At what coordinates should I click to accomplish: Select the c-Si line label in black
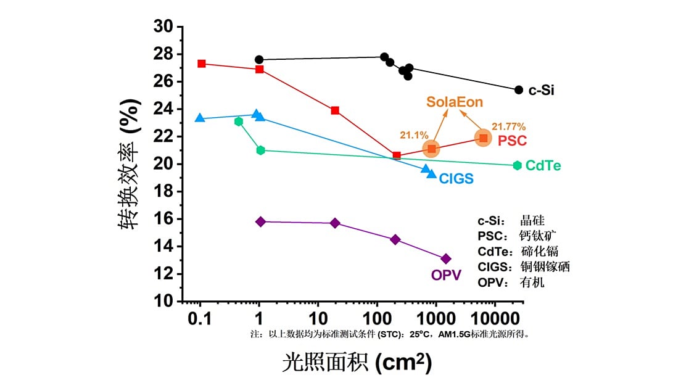click(541, 91)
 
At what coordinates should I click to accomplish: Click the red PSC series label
click(512, 141)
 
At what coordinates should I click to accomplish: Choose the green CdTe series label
click(543, 166)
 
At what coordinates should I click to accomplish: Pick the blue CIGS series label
click(456, 179)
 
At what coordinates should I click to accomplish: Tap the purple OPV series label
click(446, 275)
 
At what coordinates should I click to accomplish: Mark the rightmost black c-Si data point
click(519, 90)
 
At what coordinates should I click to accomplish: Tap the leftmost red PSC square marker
click(201, 64)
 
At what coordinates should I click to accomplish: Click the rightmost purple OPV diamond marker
click(446, 259)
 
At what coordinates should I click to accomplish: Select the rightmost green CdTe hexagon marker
click(517, 165)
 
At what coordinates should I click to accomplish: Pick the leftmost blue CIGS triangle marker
click(199, 118)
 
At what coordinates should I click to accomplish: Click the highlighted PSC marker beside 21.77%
click(483, 138)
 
